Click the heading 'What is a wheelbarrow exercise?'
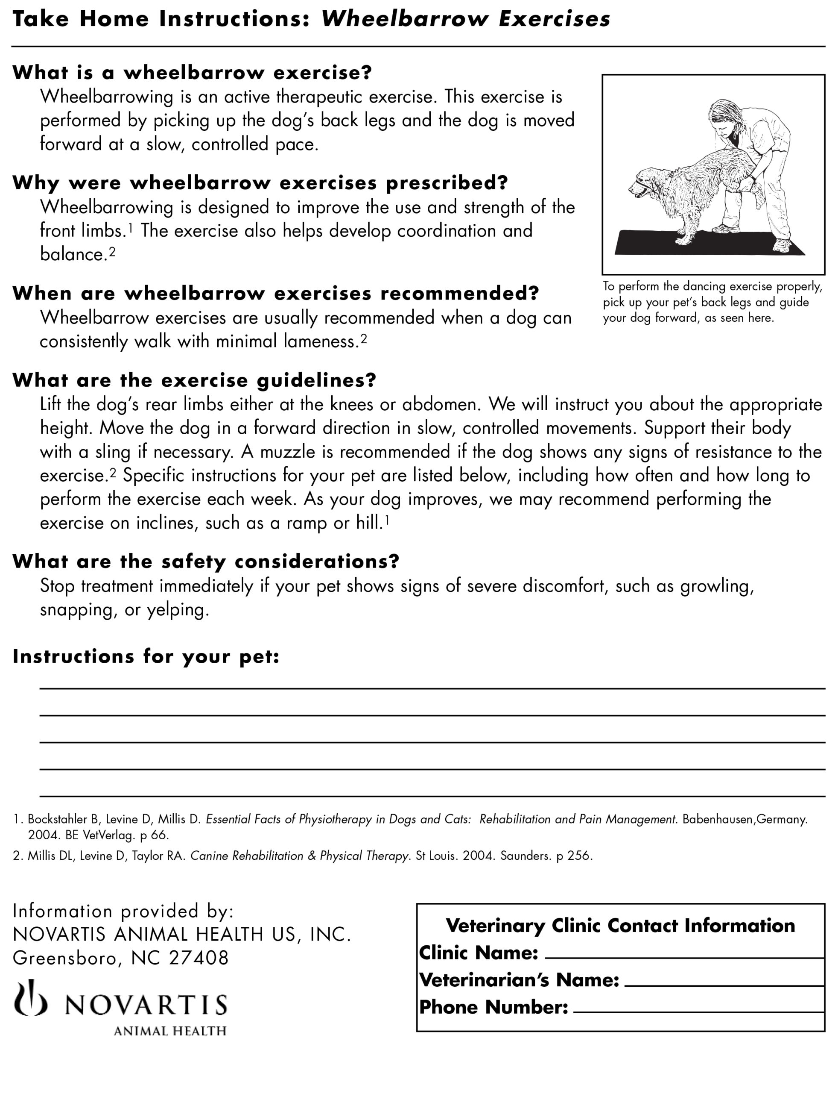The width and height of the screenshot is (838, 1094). [192, 73]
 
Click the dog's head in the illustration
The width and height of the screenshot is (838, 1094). [644, 180]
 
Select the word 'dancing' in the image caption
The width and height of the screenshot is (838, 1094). [704, 287]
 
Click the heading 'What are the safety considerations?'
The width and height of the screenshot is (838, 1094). [205, 562]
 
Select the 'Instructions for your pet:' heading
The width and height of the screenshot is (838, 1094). [146, 656]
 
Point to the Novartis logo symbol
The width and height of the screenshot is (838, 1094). [31, 998]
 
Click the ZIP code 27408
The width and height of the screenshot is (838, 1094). [199, 958]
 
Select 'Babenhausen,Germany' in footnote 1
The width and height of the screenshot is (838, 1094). [744, 819]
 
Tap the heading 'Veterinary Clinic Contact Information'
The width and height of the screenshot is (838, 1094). [620, 926]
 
